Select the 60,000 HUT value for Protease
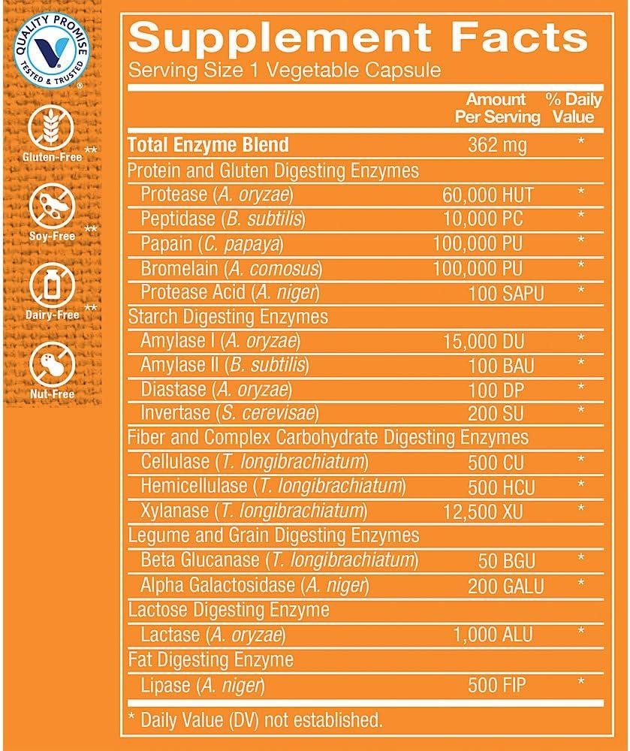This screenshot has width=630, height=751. (x=488, y=195)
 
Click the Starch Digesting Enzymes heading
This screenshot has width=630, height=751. (x=228, y=316)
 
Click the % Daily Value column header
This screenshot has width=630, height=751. (x=574, y=108)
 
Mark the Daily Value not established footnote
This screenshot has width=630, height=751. (x=256, y=719)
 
